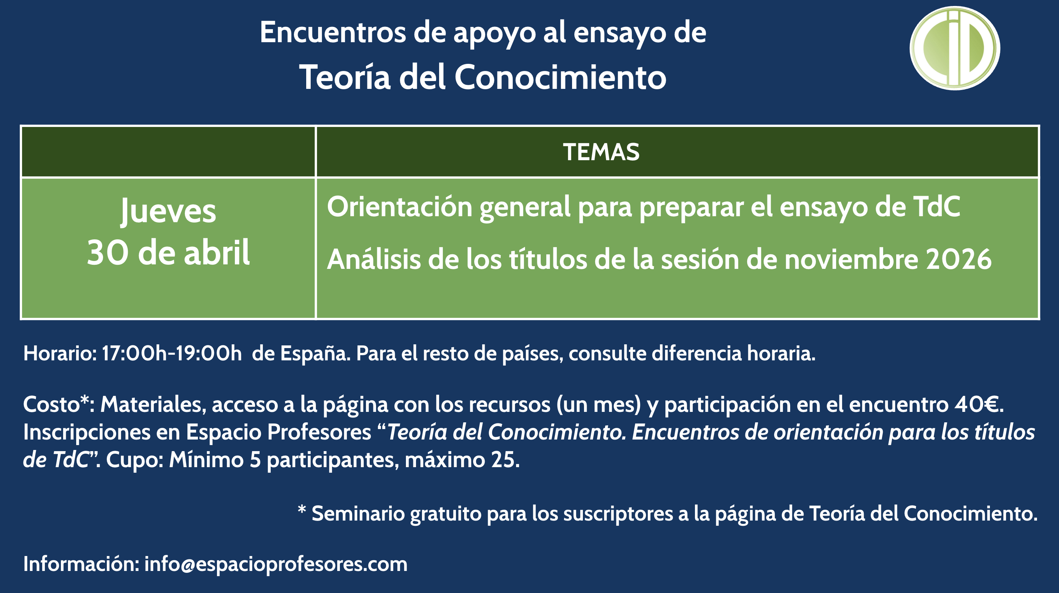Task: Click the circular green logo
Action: coord(954,48)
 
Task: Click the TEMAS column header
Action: coord(601,152)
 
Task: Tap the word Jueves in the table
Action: coord(168,211)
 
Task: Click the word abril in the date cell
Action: coord(217,253)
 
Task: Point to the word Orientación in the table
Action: coord(399,207)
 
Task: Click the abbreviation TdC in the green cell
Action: coord(936,207)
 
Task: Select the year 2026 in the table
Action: coord(959,260)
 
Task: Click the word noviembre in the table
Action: coord(851,260)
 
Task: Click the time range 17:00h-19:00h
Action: coord(172,354)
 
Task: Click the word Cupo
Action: coord(135,460)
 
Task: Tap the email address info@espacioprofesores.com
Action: coord(276,564)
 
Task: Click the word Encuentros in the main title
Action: coord(333,32)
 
